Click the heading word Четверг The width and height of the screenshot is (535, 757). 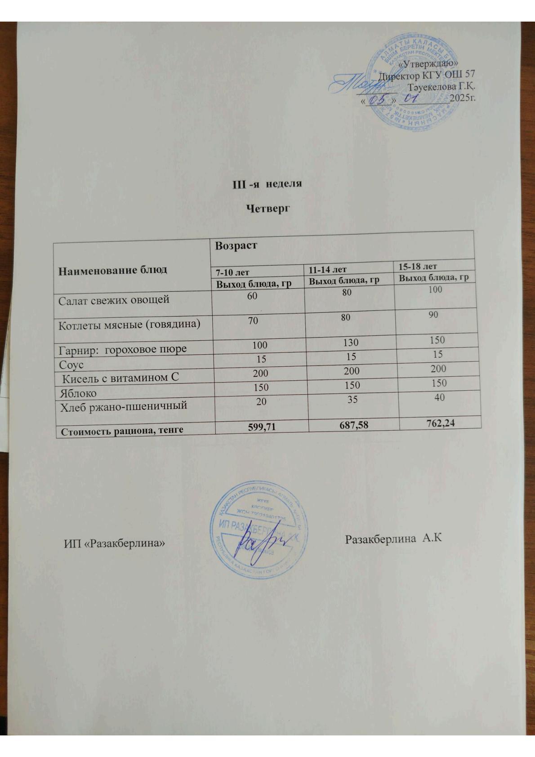[267, 209]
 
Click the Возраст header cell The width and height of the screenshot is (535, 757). [236, 246]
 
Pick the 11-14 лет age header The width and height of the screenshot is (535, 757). [328, 269]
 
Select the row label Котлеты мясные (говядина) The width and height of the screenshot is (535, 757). [129, 325]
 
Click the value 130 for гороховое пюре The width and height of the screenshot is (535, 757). [350, 343]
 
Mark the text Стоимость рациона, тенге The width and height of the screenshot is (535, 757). [122, 431]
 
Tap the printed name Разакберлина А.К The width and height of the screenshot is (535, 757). [392, 539]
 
